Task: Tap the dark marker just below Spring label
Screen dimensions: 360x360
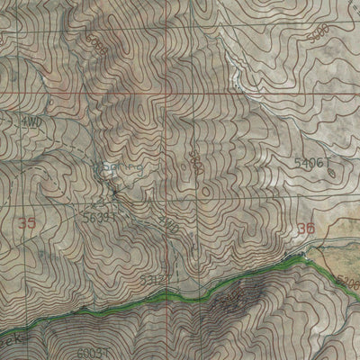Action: click(115, 190)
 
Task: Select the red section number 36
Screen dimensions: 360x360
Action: click(306, 229)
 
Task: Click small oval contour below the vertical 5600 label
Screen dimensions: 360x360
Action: click(204, 191)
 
